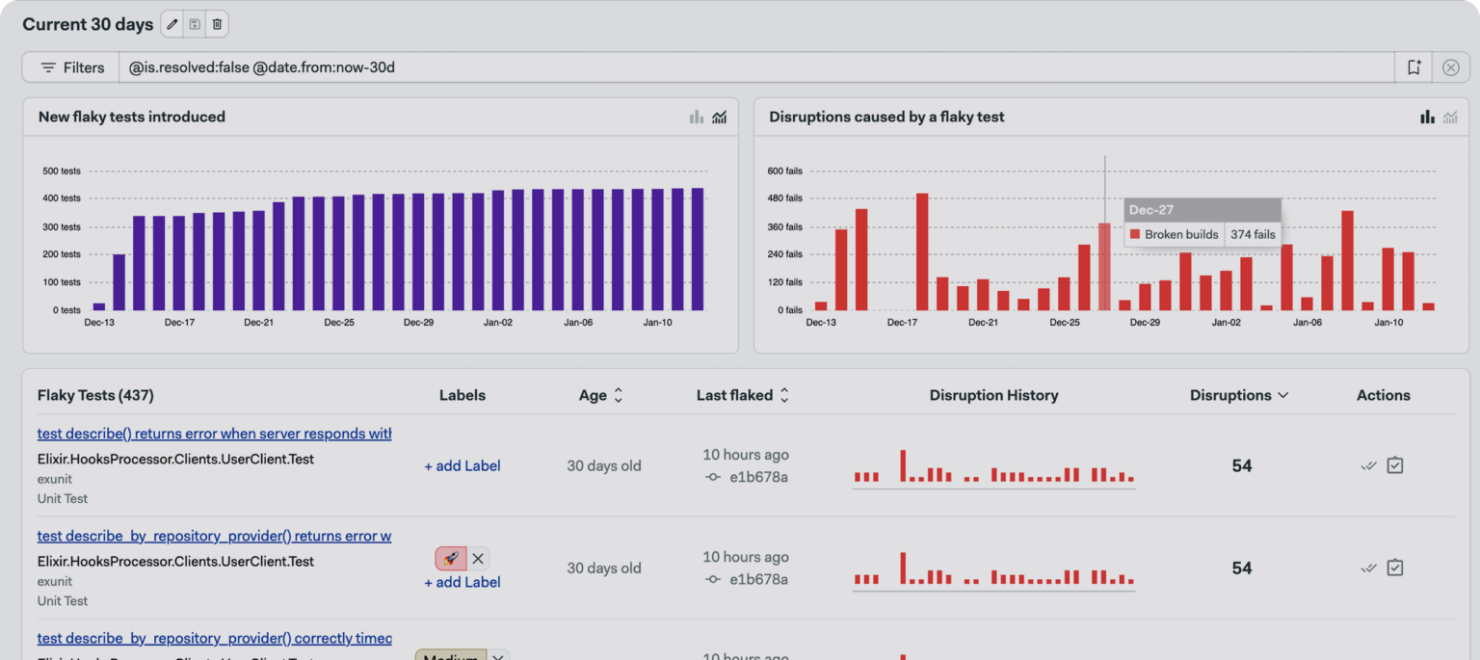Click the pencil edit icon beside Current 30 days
172,25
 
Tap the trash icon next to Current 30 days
218,25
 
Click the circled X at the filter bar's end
1450,67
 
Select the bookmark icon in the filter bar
1414,67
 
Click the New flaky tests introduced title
132,117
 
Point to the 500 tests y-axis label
62,172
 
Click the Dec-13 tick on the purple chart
99,323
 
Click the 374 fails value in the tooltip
1253,234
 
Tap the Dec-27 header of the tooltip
1150,210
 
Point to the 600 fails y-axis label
784,172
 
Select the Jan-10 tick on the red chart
1387,323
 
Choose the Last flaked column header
734,395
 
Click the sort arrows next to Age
619,395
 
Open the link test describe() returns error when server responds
214,434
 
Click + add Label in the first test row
462,466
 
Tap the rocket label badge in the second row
450,558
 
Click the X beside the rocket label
478,558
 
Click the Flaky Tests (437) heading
95,395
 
